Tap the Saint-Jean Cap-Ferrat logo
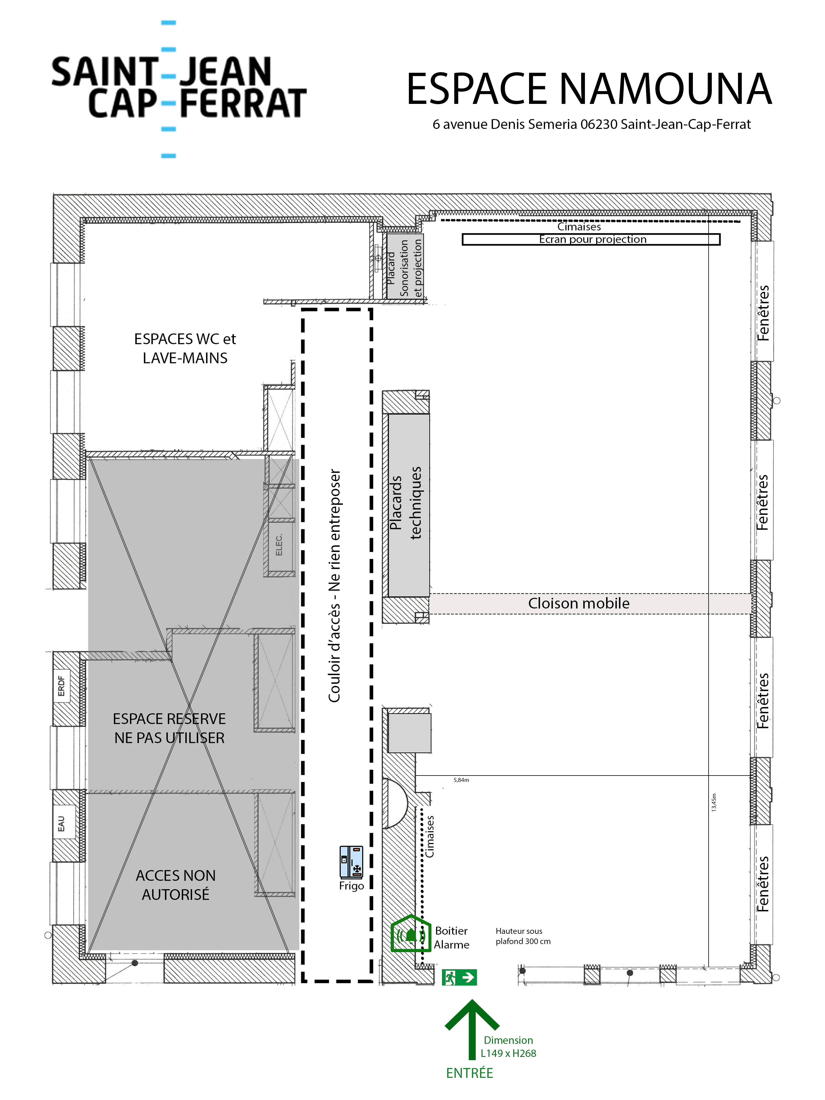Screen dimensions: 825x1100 (179, 88)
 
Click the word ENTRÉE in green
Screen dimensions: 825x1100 (469, 1073)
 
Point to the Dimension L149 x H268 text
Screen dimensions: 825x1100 (508, 1047)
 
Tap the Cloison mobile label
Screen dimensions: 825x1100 (578, 603)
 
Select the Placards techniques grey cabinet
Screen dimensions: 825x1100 (408, 505)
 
